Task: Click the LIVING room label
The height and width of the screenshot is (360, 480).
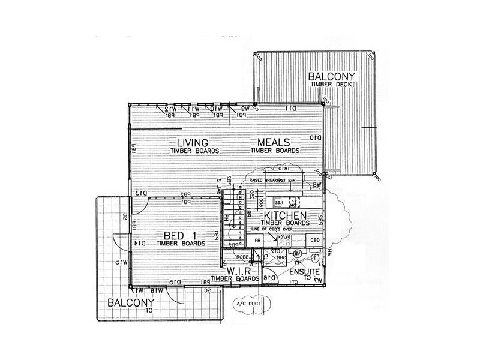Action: pyautogui.click(x=193, y=143)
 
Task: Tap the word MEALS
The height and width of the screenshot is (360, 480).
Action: pyautogui.click(x=274, y=142)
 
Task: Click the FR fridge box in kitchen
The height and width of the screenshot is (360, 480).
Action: pyautogui.click(x=257, y=241)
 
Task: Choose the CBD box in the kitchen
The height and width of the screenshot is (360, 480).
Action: pyautogui.click(x=314, y=241)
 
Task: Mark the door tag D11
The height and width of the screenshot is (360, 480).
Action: pyautogui.click(x=292, y=109)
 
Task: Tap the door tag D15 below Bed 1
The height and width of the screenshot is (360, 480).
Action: pyautogui.click(x=175, y=282)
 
